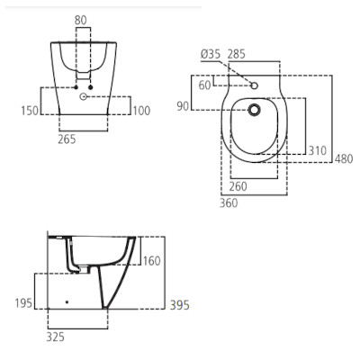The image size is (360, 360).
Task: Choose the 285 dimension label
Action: tap(238, 54)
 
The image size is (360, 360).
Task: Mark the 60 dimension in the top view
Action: tap(204, 85)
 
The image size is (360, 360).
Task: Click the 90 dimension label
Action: tap(183, 107)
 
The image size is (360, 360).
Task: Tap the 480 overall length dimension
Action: tap(345, 160)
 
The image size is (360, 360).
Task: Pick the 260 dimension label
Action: tap(238, 186)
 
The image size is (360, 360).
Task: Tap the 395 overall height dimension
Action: tap(179, 305)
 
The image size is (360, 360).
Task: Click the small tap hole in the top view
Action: tap(255, 86)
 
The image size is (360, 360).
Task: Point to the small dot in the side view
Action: tap(67, 301)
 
